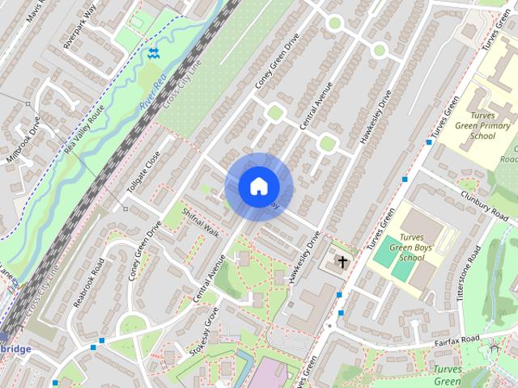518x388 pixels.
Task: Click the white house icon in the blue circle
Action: pyautogui.click(x=258, y=186)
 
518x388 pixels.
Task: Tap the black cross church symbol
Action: pyautogui.click(x=342, y=262)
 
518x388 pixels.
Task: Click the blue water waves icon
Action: pyautogui.click(x=153, y=53)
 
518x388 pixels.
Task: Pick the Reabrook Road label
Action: pyautogui.click(x=89, y=283)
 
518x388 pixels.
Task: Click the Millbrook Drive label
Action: pyautogui.click(x=21, y=142)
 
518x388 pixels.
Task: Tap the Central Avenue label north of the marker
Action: pyautogui.click(x=316, y=106)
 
